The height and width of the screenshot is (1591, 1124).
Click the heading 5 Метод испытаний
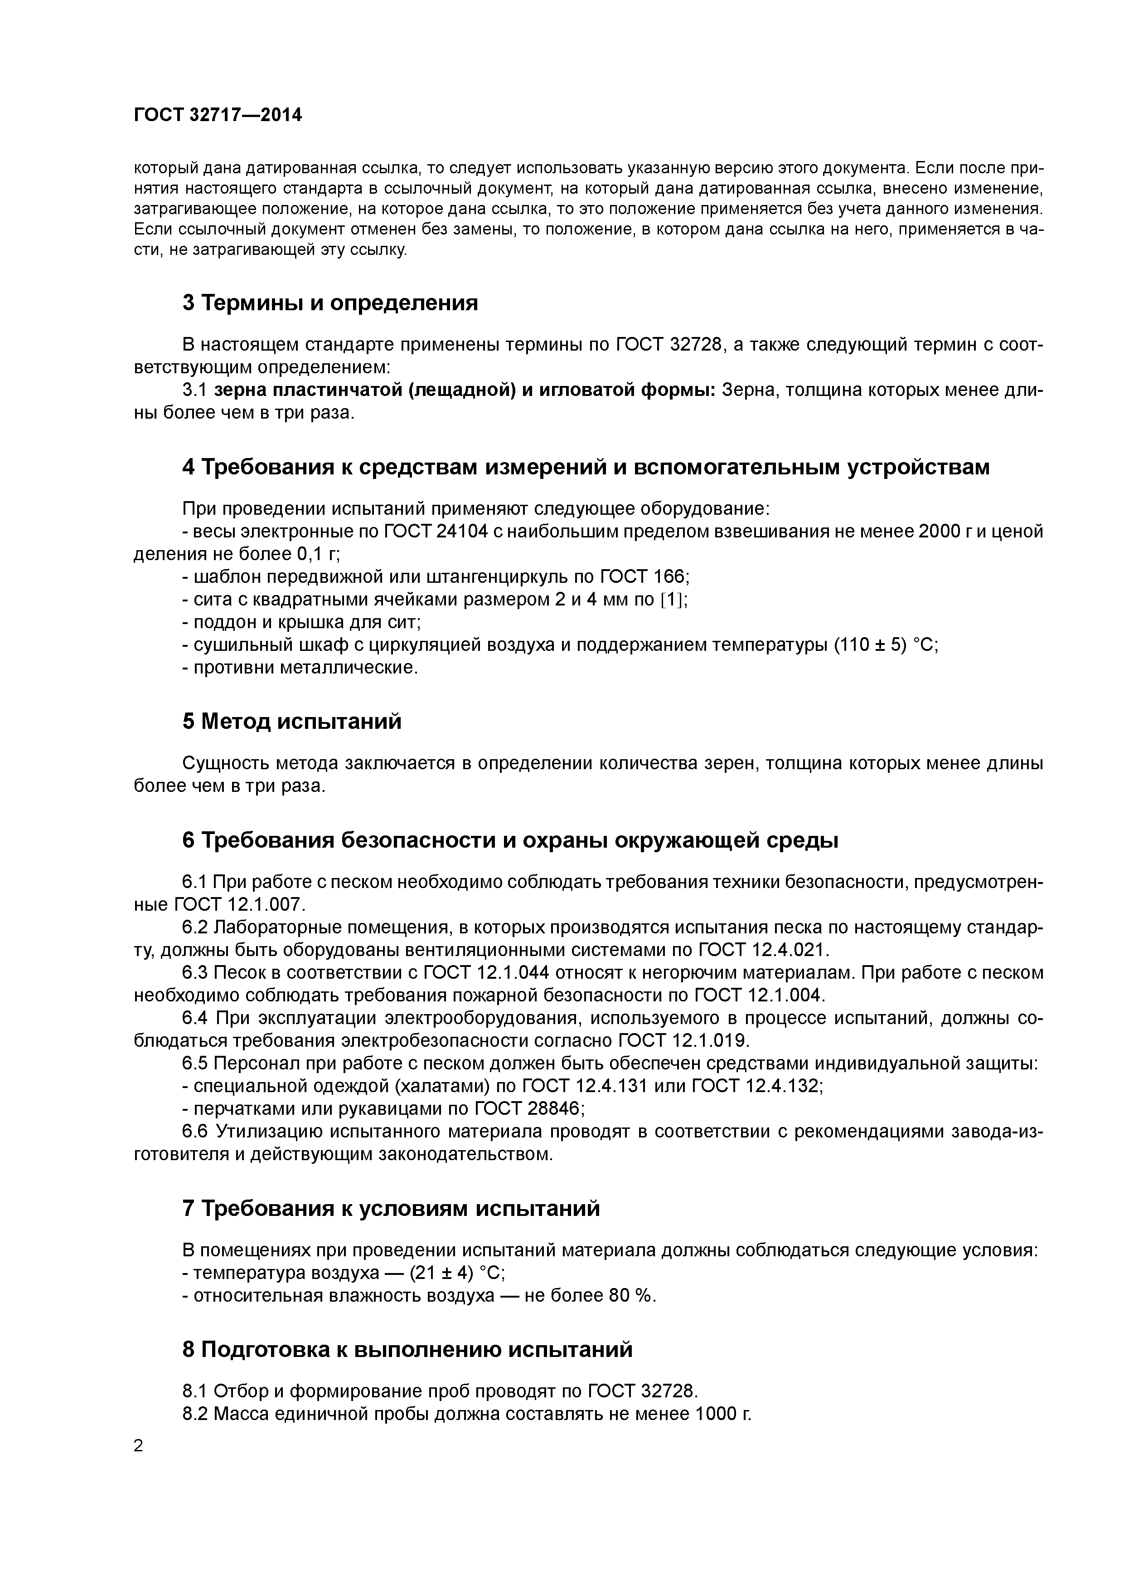[x=291, y=722]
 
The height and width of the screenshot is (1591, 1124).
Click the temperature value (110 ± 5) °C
[x=886, y=645]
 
